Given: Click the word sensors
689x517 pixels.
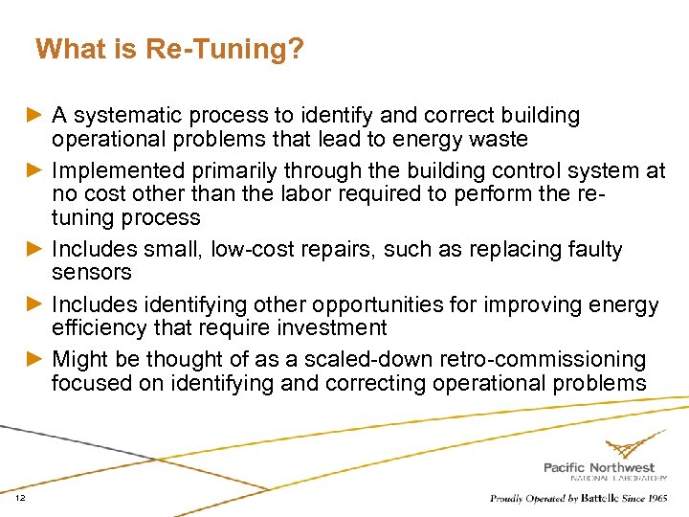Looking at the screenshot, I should tap(92, 273).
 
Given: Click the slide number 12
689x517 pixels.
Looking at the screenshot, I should tap(20, 498).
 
